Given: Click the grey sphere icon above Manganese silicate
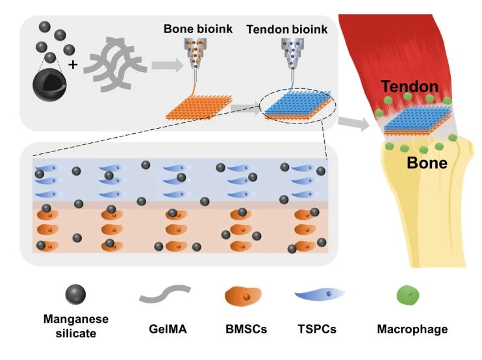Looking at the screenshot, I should (x=75, y=296).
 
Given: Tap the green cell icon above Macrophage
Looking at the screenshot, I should (x=407, y=296).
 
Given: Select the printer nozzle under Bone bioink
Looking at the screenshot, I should (x=194, y=55).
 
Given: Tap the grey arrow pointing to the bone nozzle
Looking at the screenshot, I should (x=163, y=65).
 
